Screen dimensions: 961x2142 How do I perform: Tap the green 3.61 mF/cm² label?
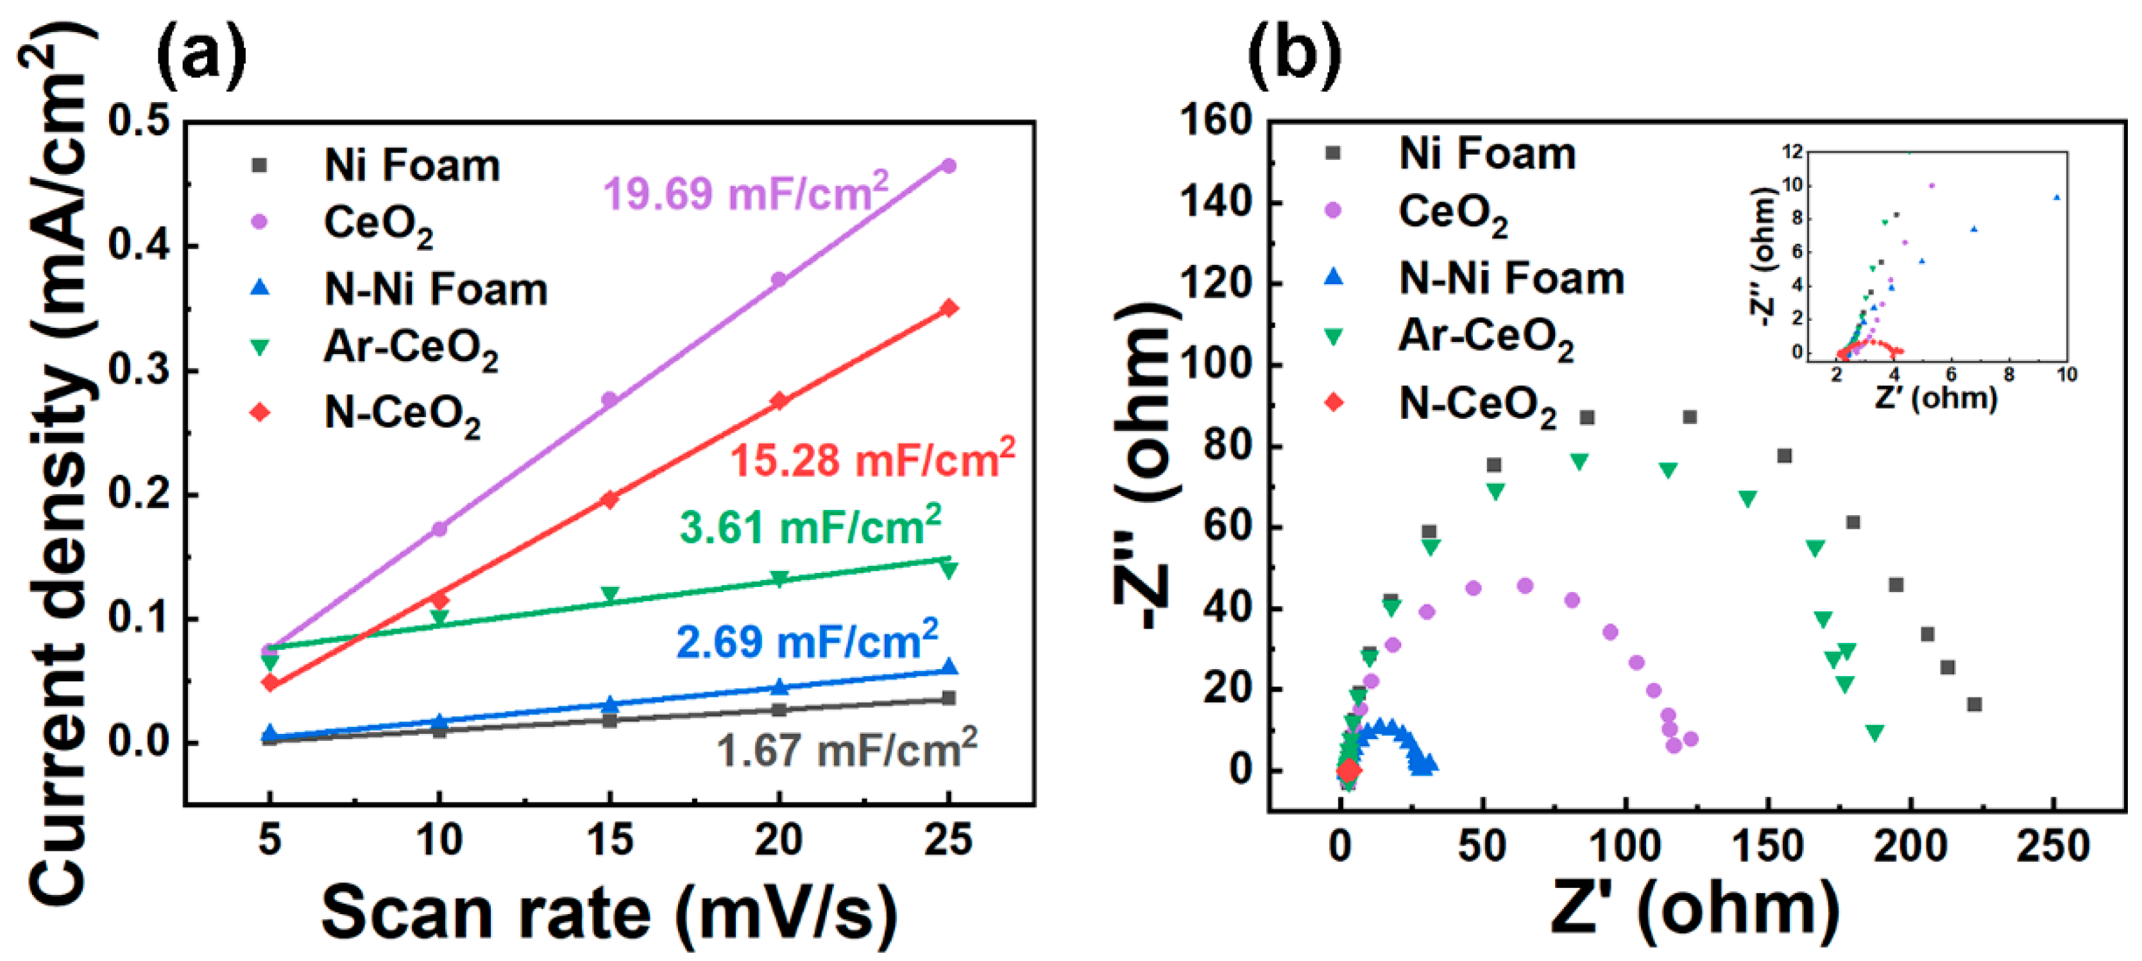[810, 527]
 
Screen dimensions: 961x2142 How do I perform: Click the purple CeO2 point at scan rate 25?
[948, 166]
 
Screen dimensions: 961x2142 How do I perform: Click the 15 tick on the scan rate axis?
[609, 840]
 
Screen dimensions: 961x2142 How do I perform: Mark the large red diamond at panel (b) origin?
[1348, 770]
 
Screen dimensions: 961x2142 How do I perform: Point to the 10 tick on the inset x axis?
[2066, 374]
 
